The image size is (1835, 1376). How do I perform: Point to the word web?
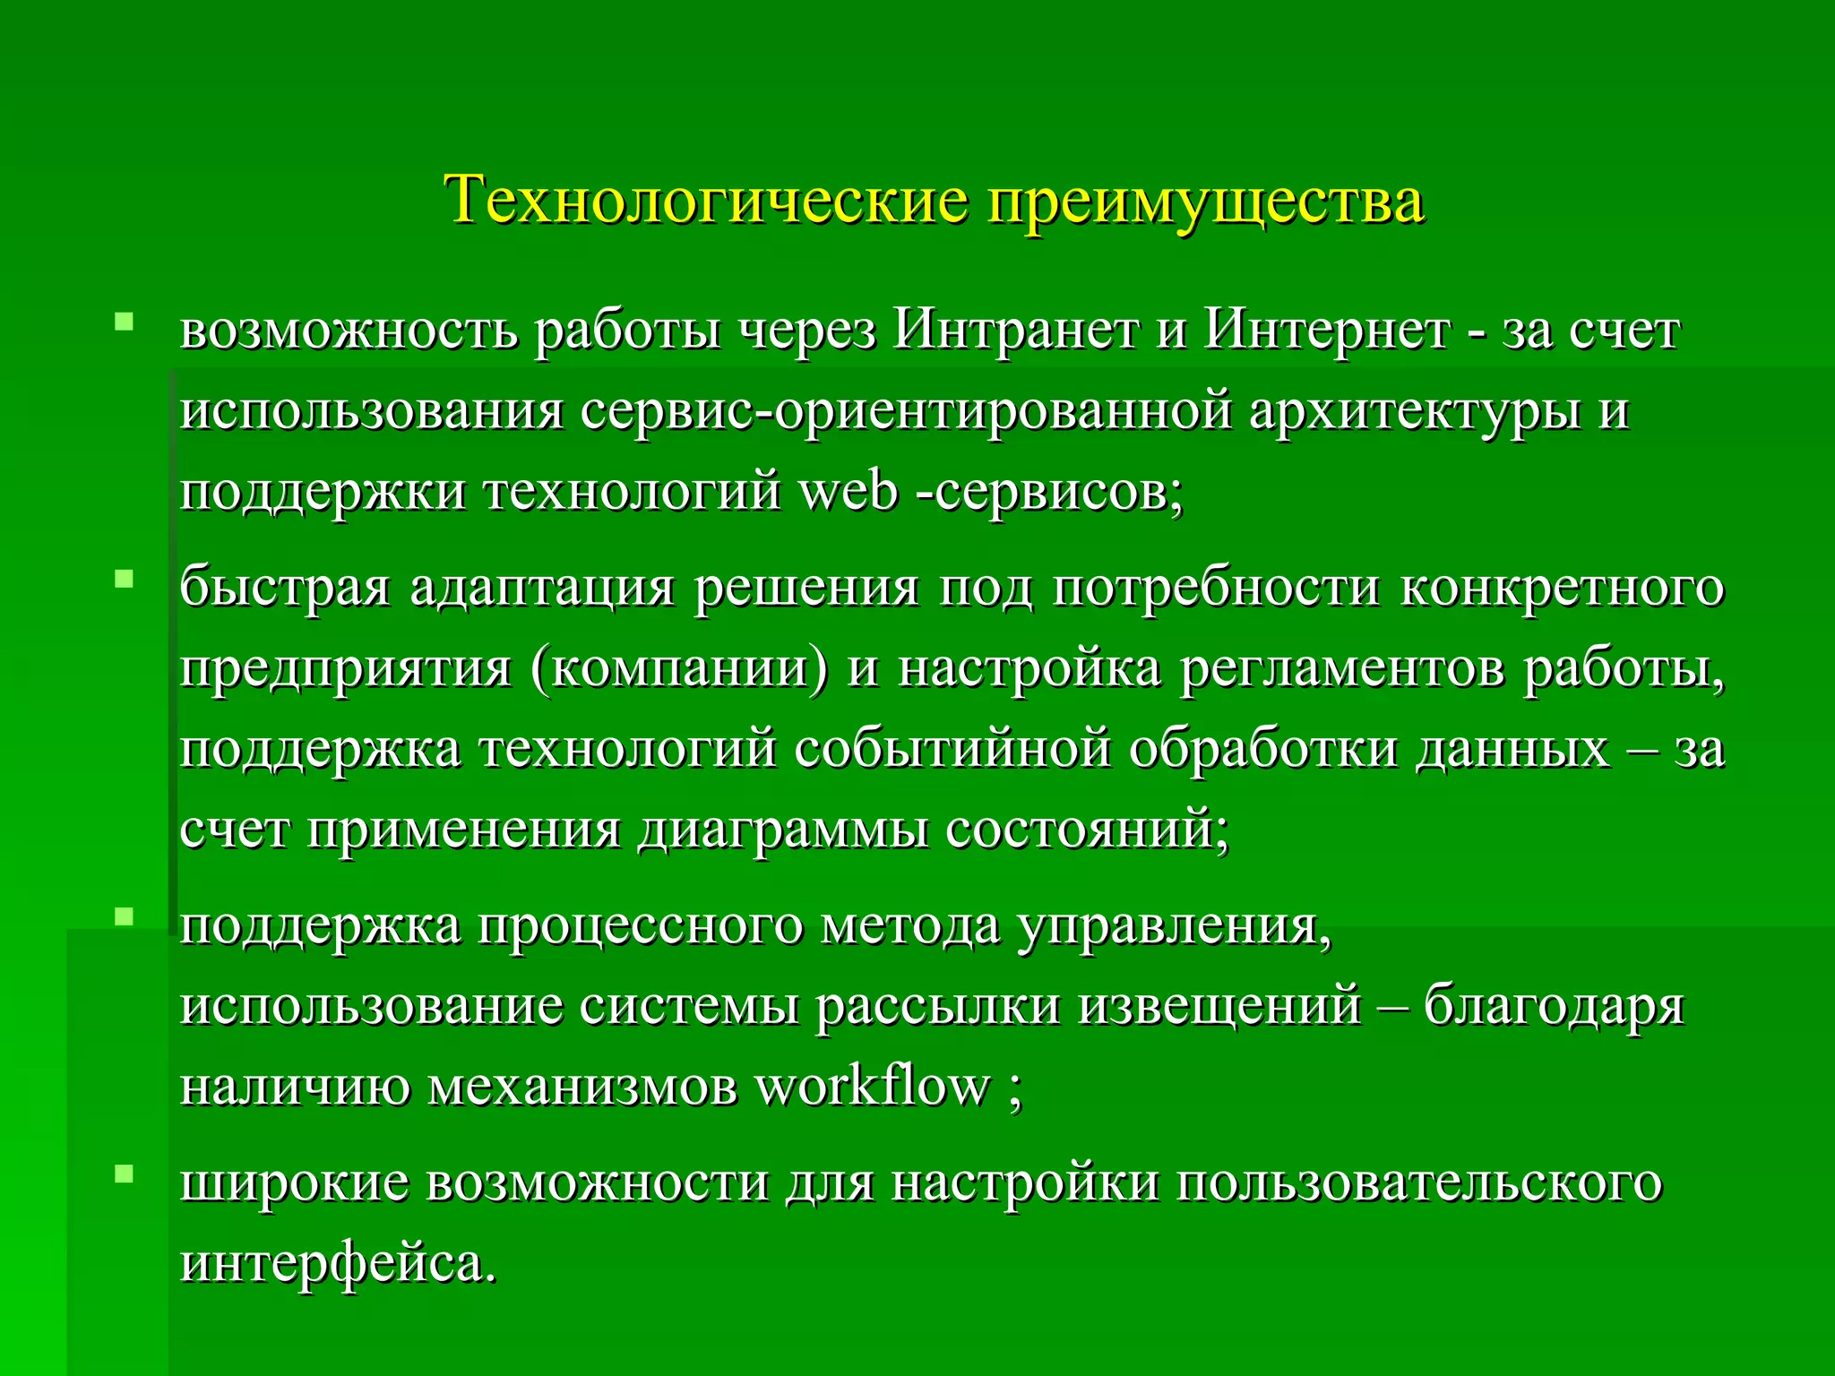point(847,491)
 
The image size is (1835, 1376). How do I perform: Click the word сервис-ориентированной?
point(906,412)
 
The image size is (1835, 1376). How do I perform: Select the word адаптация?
point(542,589)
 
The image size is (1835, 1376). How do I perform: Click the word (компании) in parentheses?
point(679,668)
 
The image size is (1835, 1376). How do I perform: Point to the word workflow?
point(871,1087)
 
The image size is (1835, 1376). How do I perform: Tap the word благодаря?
point(1554,1008)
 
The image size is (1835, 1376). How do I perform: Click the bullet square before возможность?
point(124,320)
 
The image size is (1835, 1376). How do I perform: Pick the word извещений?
point(1219,1006)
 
